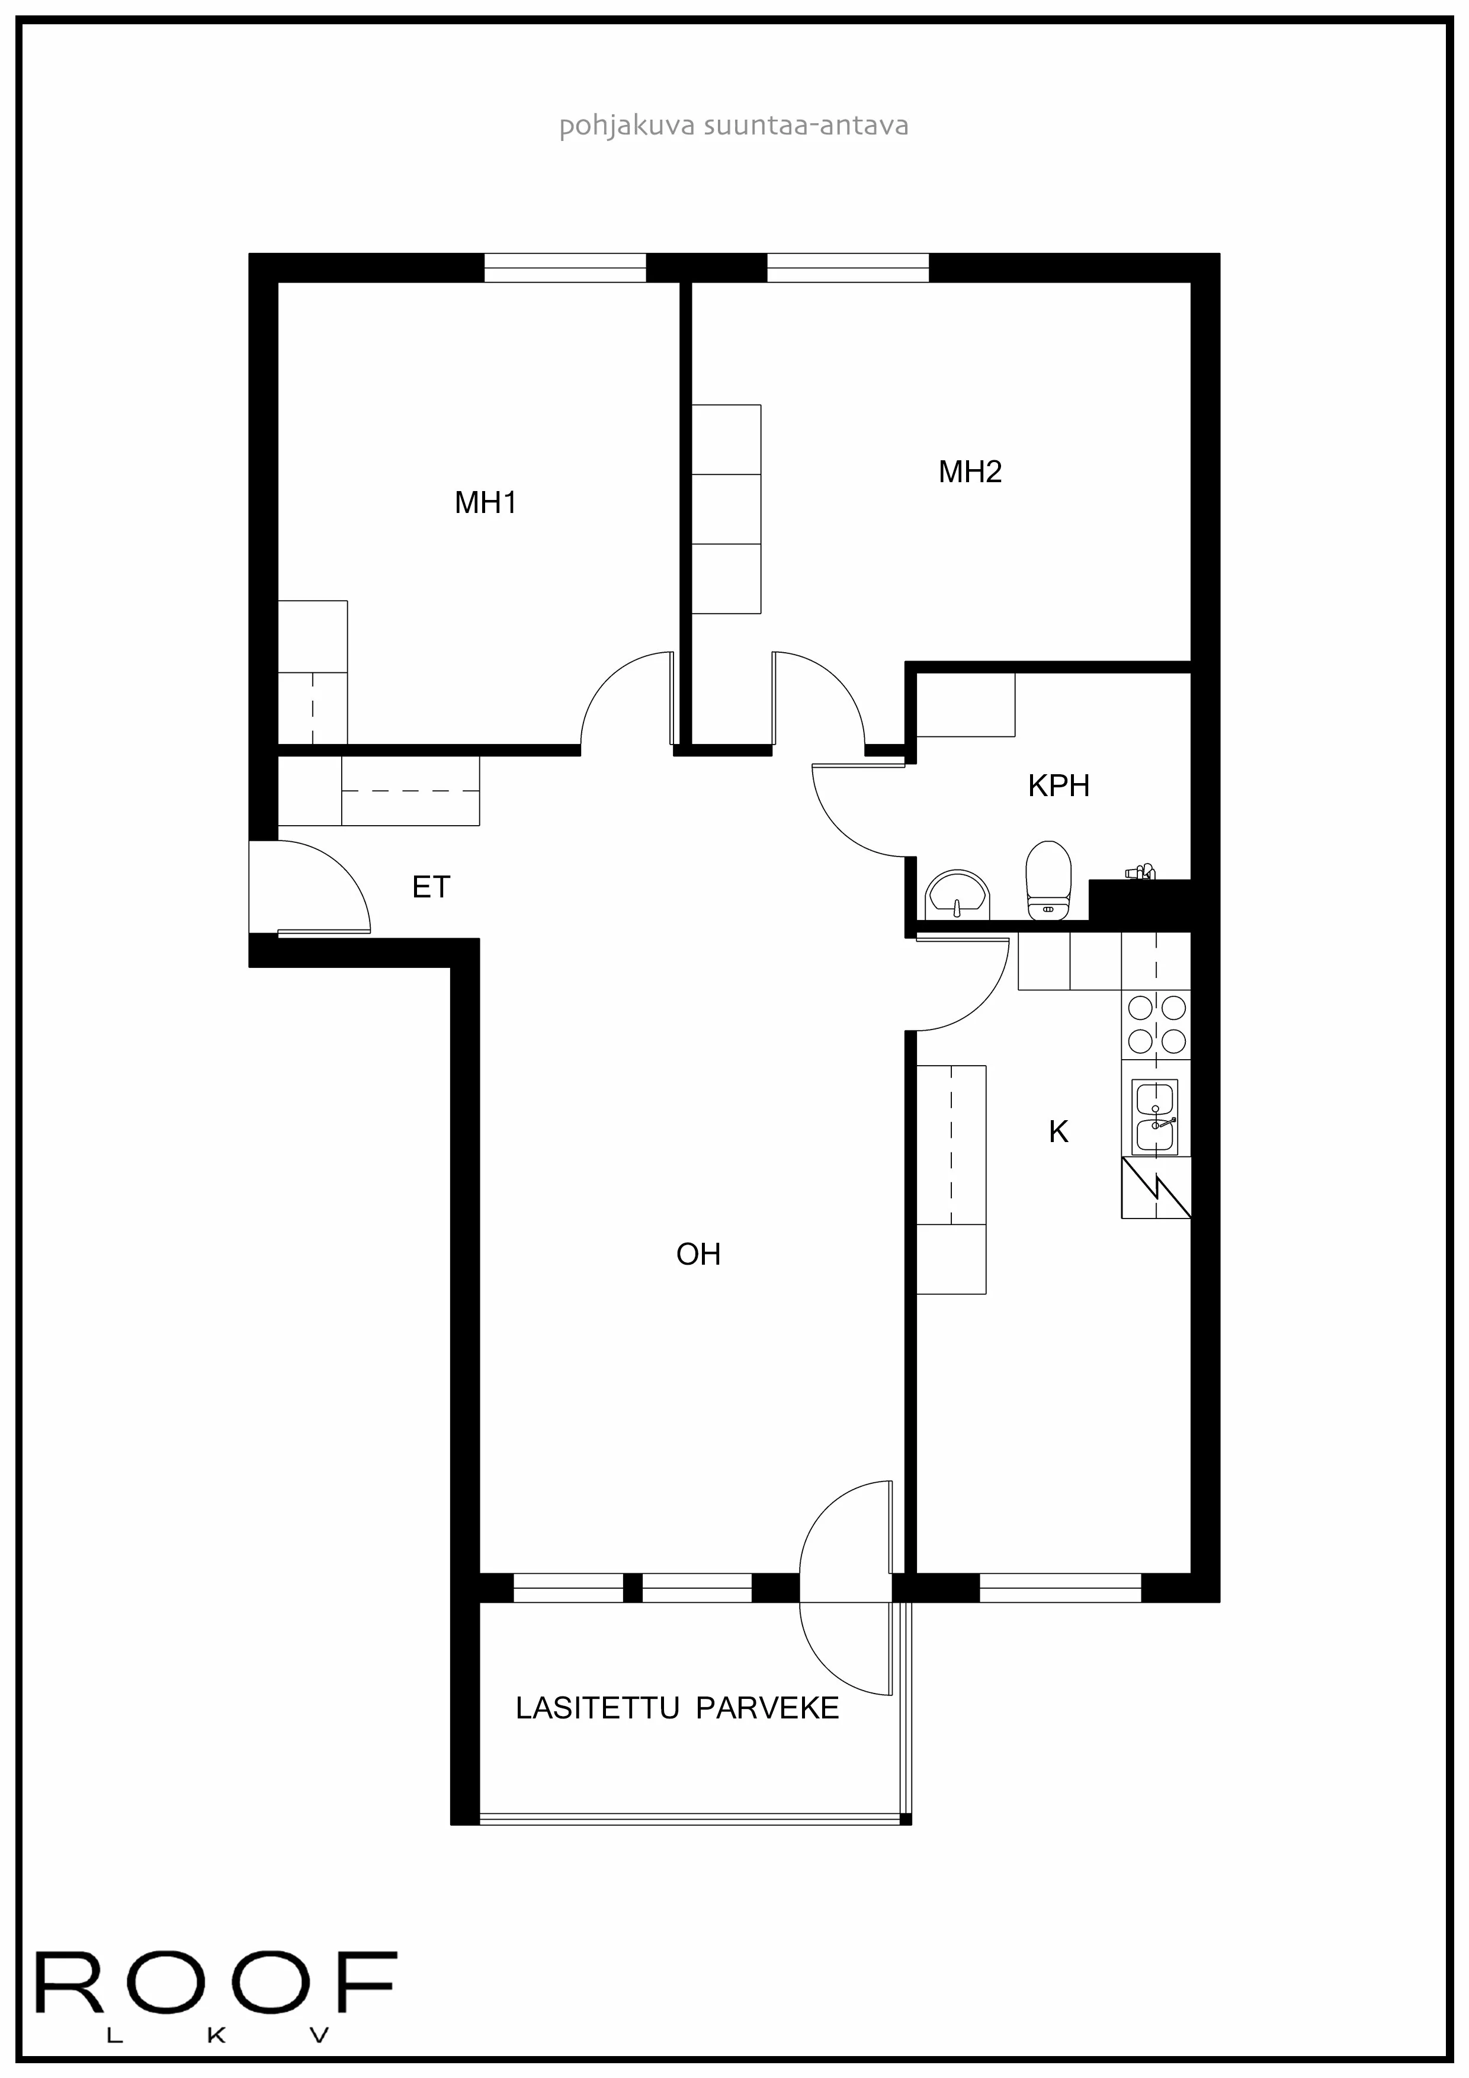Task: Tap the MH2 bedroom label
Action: coord(970,472)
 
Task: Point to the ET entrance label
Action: coord(431,887)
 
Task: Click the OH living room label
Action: coord(698,1255)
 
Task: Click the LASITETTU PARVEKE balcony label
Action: coord(677,1708)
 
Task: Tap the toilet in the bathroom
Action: coord(1048,879)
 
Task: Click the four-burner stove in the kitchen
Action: coord(1156,1025)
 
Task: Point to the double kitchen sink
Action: coord(1156,1118)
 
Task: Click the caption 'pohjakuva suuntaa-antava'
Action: coord(733,125)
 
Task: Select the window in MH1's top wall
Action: coord(564,268)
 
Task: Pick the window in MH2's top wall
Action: coord(848,268)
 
